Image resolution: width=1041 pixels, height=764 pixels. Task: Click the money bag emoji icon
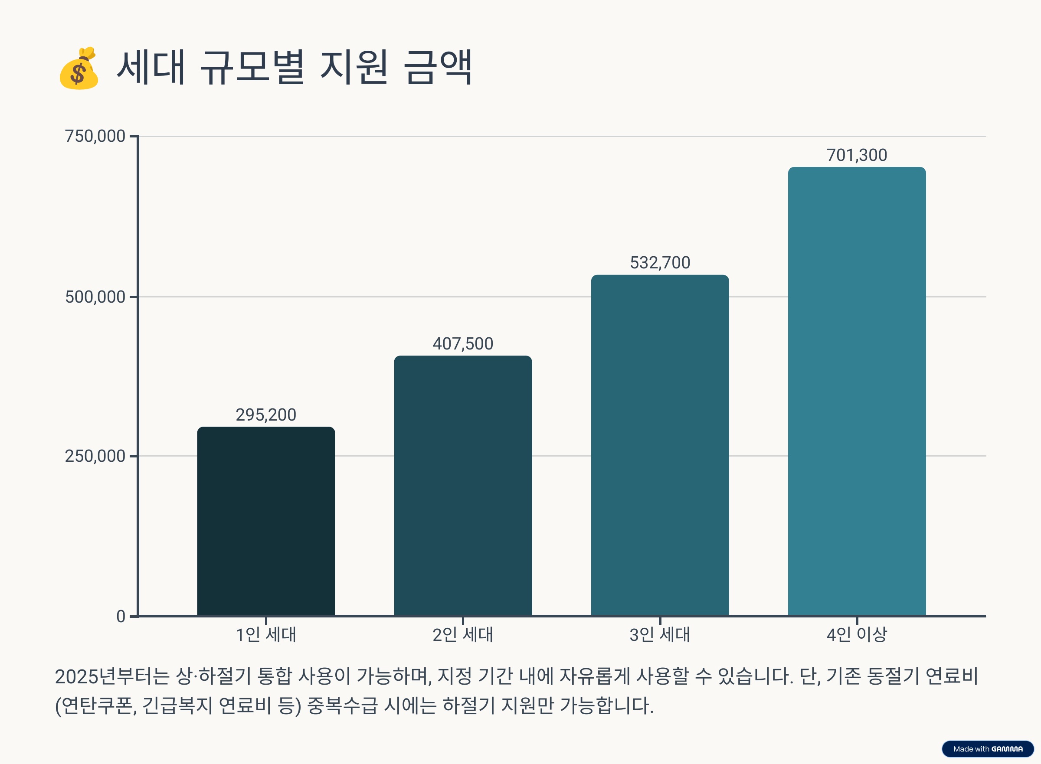(x=79, y=69)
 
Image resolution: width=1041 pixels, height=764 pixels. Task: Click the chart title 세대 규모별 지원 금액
(x=294, y=68)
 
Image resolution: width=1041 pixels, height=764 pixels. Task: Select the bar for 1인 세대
(x=266, y=521)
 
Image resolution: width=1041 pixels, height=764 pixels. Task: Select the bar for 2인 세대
(x=463, y=486)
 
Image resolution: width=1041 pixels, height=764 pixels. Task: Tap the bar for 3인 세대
(x=660, y=445)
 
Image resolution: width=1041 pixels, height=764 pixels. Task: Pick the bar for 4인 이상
(x=857, y=391)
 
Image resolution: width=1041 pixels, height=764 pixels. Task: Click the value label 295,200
(x=266, y=415)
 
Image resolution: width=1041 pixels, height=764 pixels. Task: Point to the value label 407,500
(x=463, y=343)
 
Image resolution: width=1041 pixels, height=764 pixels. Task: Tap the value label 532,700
(x=660, y=263)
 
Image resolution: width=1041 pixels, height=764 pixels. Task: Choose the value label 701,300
(x=857, y=155)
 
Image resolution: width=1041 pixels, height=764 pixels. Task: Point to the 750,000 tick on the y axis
(x=95, y=136)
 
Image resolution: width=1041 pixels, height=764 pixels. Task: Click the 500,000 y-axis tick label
(x=95, y=297)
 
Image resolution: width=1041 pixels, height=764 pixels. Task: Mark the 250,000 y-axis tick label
(x=95, y=456)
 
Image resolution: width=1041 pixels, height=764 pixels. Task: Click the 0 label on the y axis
(x=121, y=617)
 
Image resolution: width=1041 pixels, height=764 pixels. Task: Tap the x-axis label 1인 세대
(x=266, y=634)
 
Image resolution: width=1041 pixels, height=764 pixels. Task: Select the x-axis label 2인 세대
(x=463, y=634)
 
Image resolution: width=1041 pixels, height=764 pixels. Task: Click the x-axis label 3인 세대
(x=660, y=634)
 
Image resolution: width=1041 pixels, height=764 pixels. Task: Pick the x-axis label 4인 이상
(x=857, y=634)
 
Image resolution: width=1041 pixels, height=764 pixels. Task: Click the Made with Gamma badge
(x=988, y=749)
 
